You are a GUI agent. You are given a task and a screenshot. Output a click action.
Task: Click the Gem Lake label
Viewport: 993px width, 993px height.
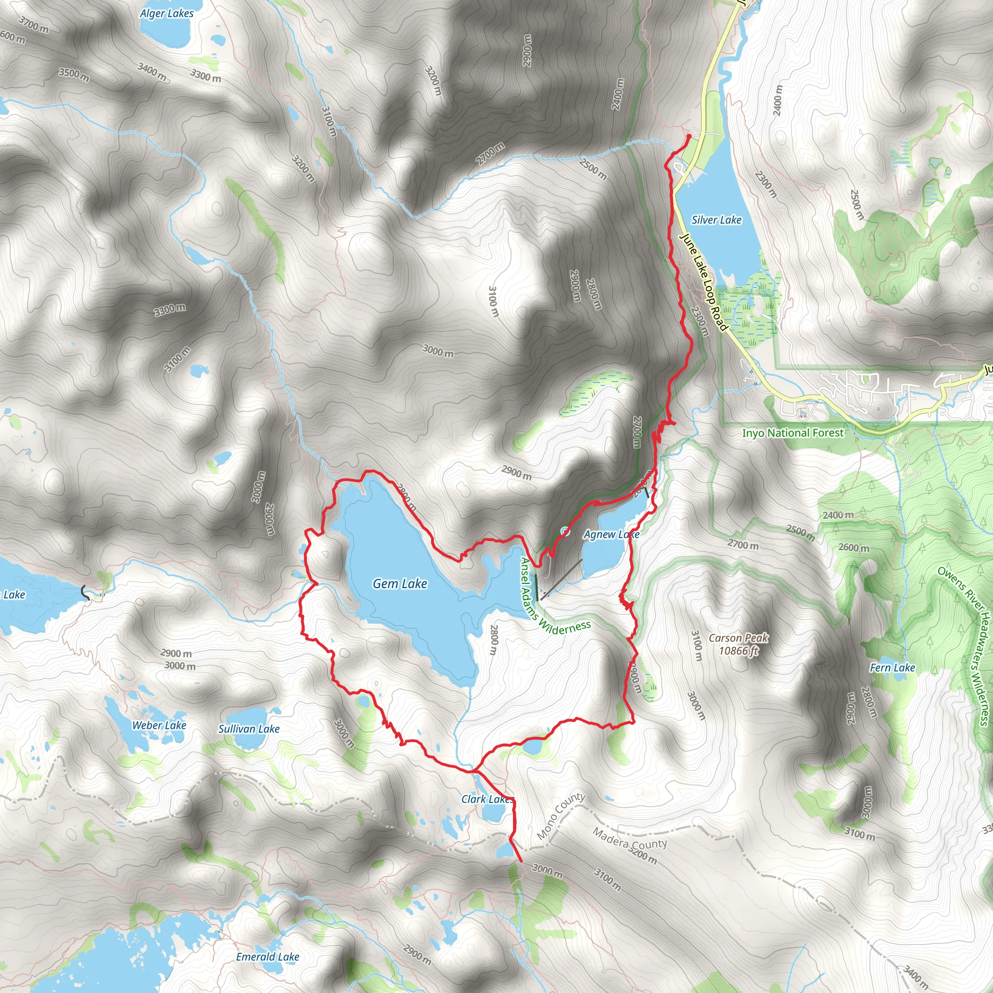[400, 584]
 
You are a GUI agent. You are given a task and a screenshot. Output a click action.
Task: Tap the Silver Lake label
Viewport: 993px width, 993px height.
[716, 220]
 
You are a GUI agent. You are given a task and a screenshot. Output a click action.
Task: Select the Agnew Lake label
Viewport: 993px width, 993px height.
[611, 534]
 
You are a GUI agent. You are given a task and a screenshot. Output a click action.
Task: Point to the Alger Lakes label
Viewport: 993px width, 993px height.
[167, 14]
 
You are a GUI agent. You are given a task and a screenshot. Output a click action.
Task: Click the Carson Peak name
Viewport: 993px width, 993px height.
[738, 638]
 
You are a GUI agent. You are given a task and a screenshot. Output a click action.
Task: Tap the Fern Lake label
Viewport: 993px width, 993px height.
[892, 668]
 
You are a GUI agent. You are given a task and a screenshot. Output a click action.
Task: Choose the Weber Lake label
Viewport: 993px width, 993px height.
[159, 725]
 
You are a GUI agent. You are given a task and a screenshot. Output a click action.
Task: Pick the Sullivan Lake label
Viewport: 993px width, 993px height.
[249, 729]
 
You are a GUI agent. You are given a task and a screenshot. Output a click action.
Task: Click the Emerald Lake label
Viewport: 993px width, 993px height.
[267, 957]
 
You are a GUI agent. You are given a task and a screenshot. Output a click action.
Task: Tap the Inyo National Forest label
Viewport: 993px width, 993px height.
[793, 433]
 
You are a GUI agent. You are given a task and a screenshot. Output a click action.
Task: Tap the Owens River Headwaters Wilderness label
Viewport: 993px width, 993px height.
[965, 645]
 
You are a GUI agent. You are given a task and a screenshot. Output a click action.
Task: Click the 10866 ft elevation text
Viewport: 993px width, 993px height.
[738, 651]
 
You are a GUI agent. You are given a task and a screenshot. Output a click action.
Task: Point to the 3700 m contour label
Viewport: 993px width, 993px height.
[33, 24]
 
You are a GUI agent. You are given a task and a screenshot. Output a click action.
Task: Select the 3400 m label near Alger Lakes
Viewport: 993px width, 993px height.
[152, 72]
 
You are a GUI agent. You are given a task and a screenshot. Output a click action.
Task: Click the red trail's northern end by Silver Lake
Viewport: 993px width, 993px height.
[688, 136]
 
